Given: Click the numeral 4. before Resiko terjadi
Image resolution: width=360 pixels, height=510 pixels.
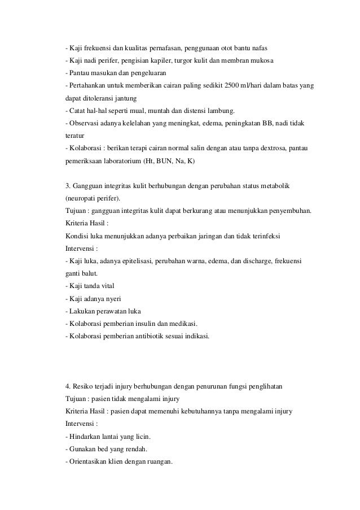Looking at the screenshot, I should (x=68, y=387).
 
